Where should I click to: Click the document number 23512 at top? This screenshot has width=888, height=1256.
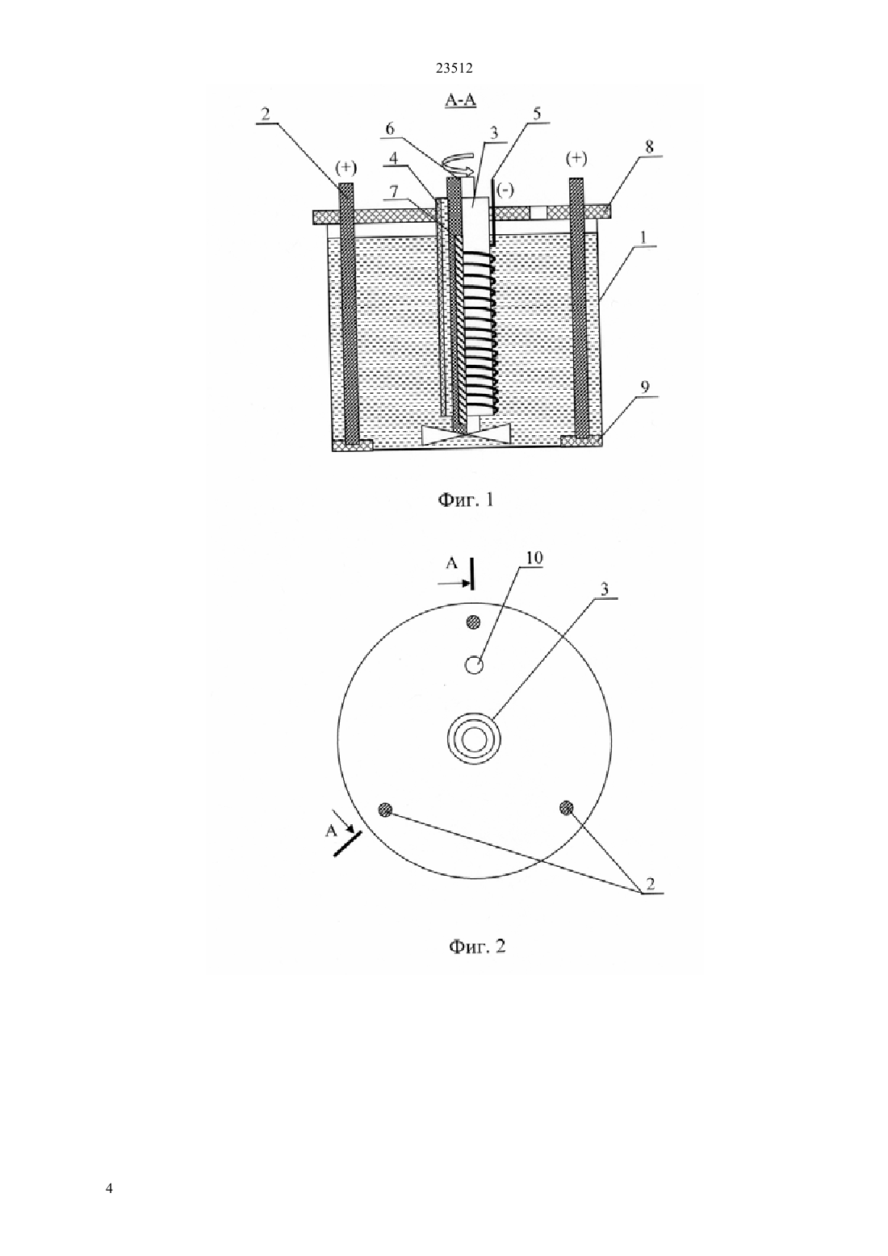click(454, 69)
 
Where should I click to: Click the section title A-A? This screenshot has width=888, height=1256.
click(460, 100)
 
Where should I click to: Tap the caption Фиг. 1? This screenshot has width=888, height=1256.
click(465, 500)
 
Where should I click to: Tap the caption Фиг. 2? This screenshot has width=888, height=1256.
click(477, 947)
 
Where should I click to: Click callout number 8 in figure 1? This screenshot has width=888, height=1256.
click(649, 148)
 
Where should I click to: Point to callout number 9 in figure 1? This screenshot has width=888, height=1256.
click(645, 387)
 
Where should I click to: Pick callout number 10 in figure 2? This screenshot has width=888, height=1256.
click(534, 559)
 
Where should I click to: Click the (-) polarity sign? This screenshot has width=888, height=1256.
click(505, 190)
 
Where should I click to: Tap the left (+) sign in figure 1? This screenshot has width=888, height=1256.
click(346, 168)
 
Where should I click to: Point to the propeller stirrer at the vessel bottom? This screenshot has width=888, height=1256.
click(466, 436)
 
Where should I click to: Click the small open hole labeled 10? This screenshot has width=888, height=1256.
click(475, 664)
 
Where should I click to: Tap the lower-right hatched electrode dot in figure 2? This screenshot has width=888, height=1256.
click(567, 808)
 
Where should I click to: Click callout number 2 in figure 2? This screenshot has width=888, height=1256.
click(651, 885)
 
